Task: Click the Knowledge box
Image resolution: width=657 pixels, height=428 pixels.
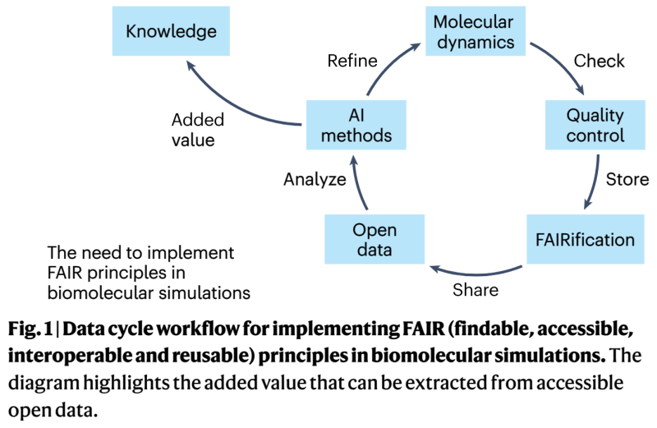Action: [171, 32]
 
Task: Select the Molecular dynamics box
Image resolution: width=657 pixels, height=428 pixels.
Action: [474, 31]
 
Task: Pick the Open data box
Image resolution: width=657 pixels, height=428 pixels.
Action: [374, 238]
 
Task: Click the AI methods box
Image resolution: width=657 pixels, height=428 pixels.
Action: [356, 125]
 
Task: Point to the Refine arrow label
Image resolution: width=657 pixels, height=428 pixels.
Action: [352, 61]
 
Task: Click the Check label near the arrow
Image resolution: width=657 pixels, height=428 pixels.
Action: [599, 61]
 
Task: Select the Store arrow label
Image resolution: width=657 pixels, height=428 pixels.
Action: [627, 179]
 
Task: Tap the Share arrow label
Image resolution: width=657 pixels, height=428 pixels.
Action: [475, 290]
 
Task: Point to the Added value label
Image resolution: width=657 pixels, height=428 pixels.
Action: [197, 130]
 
